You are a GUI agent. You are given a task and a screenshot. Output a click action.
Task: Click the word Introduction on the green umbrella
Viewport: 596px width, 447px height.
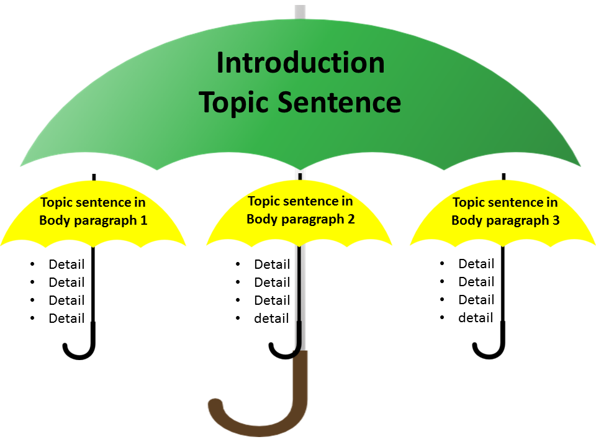coord(300,63)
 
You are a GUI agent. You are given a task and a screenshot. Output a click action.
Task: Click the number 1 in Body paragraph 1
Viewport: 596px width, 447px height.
coord(143,220)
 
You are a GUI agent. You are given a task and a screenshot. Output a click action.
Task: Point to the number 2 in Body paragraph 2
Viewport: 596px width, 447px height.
coord(351,219)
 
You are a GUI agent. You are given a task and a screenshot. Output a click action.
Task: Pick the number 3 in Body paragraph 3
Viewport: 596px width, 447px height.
coord(556,220)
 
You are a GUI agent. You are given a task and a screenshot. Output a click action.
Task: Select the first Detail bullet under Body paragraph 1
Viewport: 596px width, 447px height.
coord(66,264)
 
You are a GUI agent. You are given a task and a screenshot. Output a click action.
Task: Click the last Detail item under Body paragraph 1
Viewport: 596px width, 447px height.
coord(66,318)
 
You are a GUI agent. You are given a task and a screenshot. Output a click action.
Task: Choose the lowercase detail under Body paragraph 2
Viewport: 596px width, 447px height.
coord(271,318)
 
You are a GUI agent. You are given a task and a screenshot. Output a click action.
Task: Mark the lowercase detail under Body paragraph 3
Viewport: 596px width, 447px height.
coord(476,318)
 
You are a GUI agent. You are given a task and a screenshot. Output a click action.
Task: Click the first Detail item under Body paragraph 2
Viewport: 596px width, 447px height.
coord(272,264)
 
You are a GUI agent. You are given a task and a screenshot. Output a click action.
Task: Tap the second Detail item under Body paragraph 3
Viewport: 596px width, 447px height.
coord(476,282)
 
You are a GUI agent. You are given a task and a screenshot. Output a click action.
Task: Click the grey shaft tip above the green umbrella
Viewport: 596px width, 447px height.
coord(300,11)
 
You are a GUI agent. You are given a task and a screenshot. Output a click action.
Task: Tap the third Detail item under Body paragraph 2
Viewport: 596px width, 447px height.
coord(272,300)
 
